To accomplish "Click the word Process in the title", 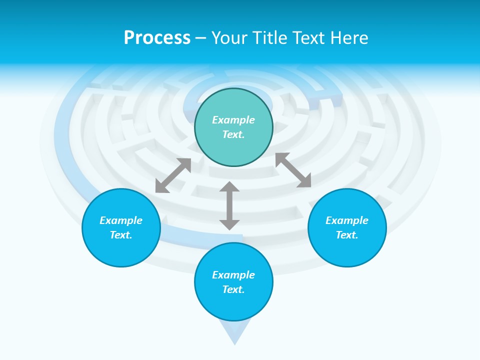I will click(157, 37).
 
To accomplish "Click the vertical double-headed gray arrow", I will click(229, 205).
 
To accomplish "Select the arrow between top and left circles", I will click(173, 175).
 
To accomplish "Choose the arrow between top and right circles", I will click(293, 170).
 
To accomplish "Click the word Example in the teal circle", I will click(233, 120).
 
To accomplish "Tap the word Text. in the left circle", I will click(121, 235).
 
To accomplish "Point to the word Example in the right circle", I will click(347, 220).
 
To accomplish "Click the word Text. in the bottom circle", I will click(233, 289).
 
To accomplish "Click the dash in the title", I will click(200, 37).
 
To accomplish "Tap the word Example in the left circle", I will click(121, 220).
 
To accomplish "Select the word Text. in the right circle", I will click(347, 235).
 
